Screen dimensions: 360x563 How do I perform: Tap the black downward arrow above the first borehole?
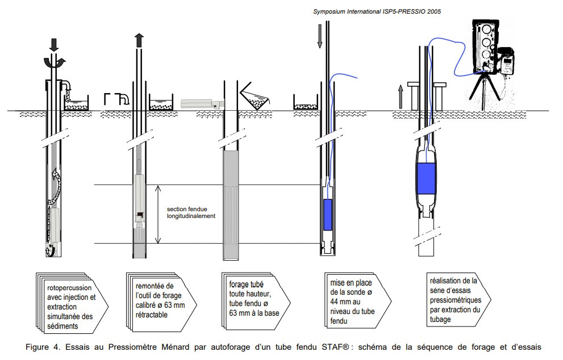[53, 43]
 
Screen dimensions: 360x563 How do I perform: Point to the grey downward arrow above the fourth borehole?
[320, 36]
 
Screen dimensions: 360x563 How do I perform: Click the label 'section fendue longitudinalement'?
[191, 212]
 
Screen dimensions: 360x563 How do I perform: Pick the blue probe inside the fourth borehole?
[327, 214]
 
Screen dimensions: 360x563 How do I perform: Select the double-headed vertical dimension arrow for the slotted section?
[156, 214]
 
